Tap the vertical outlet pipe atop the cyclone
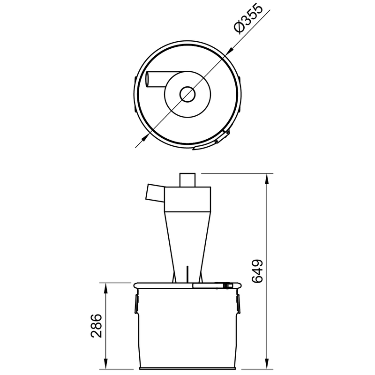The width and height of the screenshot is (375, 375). (x=188, y=180)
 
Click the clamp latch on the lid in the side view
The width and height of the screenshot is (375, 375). (x=228, y=285)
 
